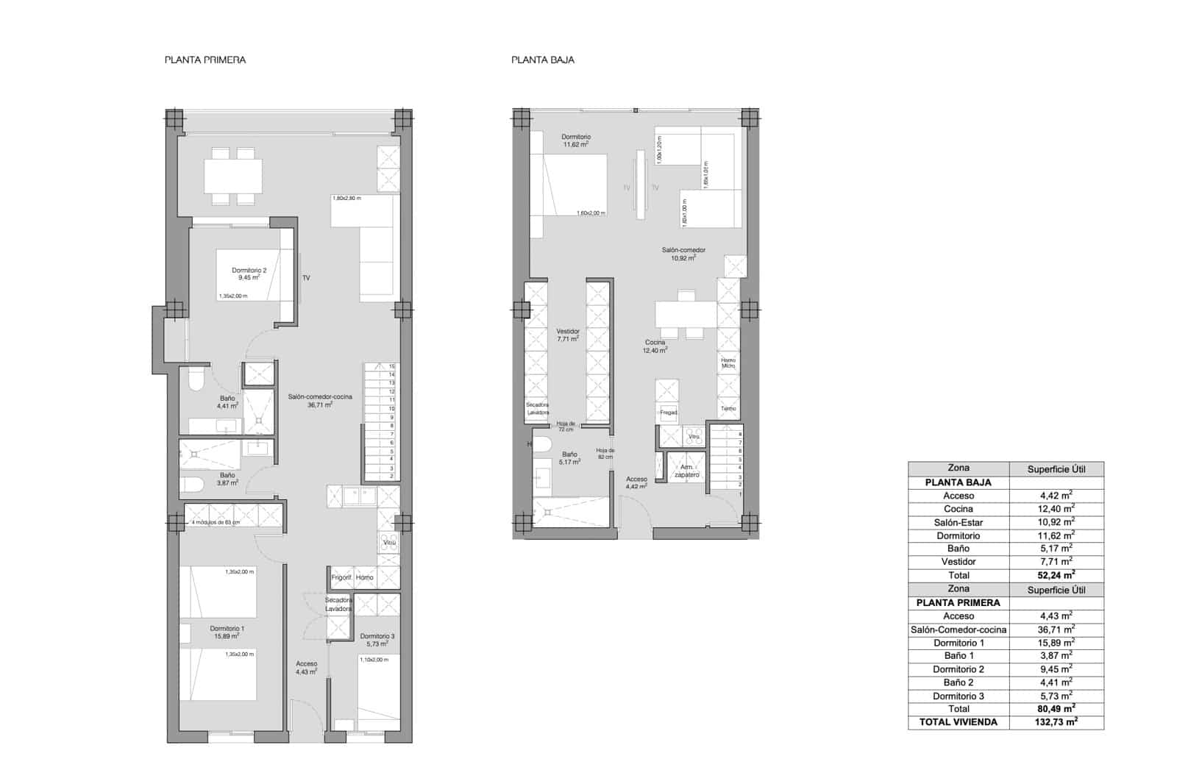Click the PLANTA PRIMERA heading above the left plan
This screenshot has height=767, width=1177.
point(205,60)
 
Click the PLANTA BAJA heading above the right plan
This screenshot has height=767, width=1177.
point(543,60)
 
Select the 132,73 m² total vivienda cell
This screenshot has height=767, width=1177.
point(1056,722)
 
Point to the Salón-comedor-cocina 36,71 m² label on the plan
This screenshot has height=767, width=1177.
point(320,400)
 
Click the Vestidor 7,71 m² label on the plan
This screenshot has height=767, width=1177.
point(567,335)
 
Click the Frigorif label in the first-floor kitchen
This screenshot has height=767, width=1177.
point(341,577)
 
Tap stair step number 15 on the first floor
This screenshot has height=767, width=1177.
point(392,366)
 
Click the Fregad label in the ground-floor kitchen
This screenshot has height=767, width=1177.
point(668,413)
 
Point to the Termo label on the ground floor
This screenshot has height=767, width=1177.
point(728,409)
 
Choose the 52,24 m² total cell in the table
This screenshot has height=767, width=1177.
point(1056,575)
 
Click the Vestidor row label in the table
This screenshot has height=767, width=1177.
point(959,562)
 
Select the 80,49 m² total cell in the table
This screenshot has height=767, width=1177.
point(1056,709)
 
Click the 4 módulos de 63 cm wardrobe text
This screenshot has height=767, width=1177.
point(216,523)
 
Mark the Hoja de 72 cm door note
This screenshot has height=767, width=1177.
point(565,427)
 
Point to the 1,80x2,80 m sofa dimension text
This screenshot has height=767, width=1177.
point(347,199)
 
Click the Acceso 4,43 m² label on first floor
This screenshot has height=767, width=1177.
point(306,668)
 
